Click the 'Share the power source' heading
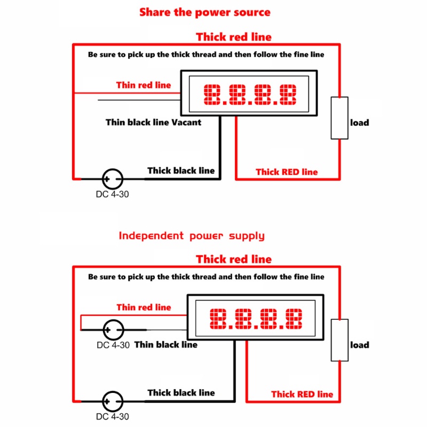click(205, 12)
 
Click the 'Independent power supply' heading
click(192, 236)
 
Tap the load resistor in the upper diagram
click(339, 118)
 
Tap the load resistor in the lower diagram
click(339, 340)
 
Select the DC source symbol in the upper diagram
click(113, 179)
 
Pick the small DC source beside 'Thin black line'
click(114, 330)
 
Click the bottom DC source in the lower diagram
click(113, 401)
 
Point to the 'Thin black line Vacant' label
click(154, 122)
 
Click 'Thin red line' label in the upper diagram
click(144, 85)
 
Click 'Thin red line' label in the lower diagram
click(144, 307)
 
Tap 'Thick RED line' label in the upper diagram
click(287, 172)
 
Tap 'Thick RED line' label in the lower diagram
click(302, 394)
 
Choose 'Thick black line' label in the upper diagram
click(181, 170)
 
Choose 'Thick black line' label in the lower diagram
click(181, 393)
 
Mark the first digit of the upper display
click(212, 94)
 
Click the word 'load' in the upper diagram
click(359, 123)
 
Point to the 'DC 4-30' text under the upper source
click(112, 194)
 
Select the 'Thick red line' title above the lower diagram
click(234, 259)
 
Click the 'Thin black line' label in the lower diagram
click(166, 344)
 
